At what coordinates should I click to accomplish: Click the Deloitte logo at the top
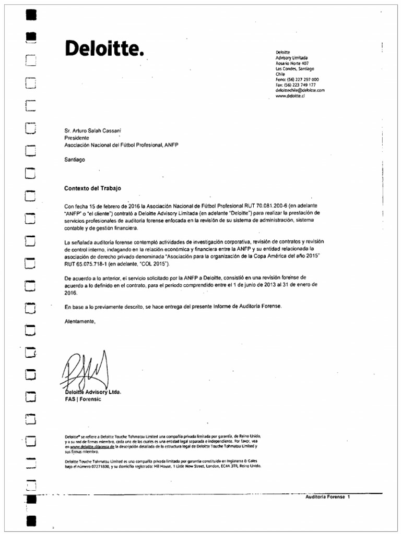tap(103, 49)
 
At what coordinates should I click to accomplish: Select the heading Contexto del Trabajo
tap(92, 188)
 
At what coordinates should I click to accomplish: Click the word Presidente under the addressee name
tap(77, 138)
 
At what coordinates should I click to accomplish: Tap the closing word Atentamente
tap(80, 322)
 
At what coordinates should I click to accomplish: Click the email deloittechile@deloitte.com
tap(300, 90)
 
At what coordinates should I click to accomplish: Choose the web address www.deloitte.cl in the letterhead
tap(290, 96)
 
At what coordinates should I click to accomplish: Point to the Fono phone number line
tap(297, 79)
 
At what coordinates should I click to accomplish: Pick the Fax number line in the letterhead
tap(295, 84)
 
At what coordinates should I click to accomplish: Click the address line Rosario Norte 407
tap(292, 63)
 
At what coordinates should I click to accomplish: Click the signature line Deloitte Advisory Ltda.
tap(92, 392)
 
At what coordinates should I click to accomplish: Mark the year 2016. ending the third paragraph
tap(71, 293)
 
